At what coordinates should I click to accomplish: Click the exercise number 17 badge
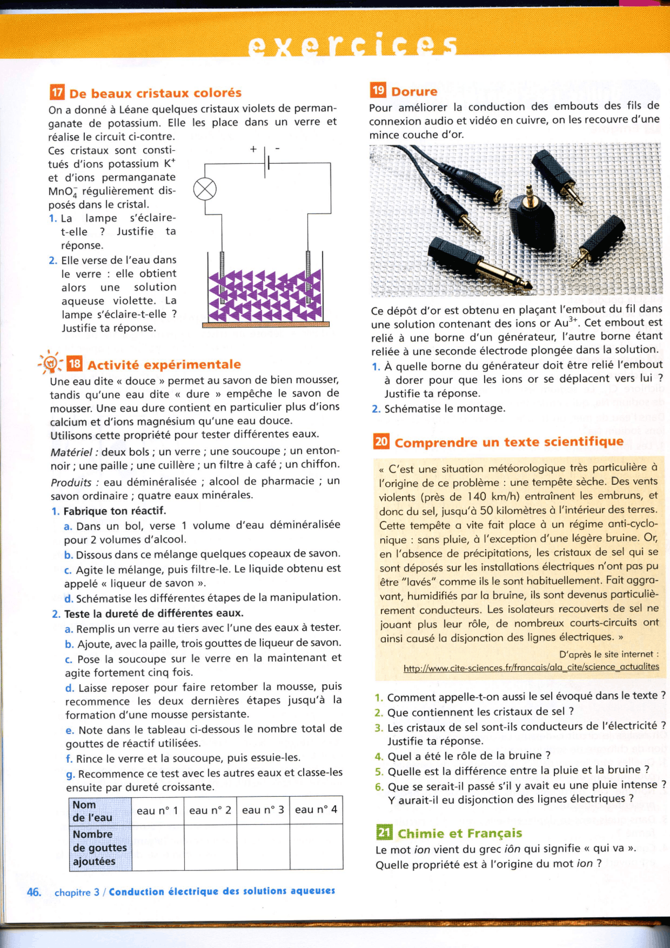point(57,93)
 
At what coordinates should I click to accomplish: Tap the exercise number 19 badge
point(378,90)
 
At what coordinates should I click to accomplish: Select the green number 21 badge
point(384,832)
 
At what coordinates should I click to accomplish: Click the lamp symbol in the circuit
point(205,189)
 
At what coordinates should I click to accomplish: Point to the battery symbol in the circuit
point(267,163)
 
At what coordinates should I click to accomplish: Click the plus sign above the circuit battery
point(253,150)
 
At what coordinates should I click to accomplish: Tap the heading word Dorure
point(414,92)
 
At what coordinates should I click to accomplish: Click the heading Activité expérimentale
point(164,364)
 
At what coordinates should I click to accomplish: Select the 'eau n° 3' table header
point(263,810)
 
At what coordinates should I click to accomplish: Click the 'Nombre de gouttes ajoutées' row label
point(99,847)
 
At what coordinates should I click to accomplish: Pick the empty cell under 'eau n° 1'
point(158,847)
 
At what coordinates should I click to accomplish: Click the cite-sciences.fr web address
point(531,667)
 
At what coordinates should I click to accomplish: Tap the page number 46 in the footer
point(34,892)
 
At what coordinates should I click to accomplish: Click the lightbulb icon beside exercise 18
point(51,362)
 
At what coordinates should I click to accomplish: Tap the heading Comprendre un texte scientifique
point(509,442)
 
